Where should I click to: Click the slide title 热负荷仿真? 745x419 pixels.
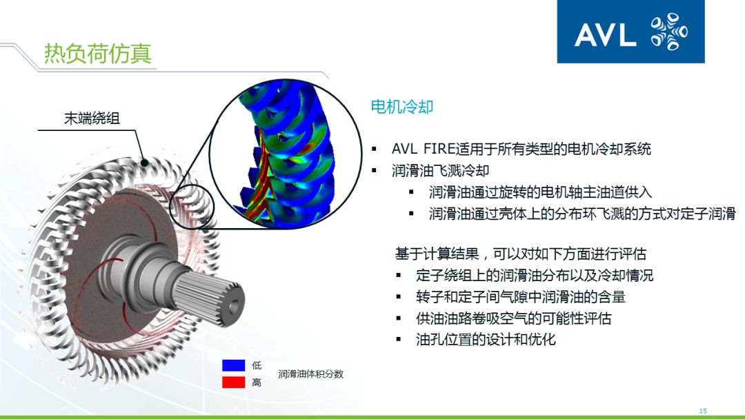pos(97,53)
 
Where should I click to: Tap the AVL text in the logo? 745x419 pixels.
pos(605,34)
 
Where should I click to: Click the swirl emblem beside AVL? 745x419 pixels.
pos(668,32)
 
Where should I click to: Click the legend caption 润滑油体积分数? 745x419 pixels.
pos(310,374)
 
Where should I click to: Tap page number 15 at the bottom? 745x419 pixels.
pos(703,411)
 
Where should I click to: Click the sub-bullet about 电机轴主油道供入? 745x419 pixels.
pos(539,192)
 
